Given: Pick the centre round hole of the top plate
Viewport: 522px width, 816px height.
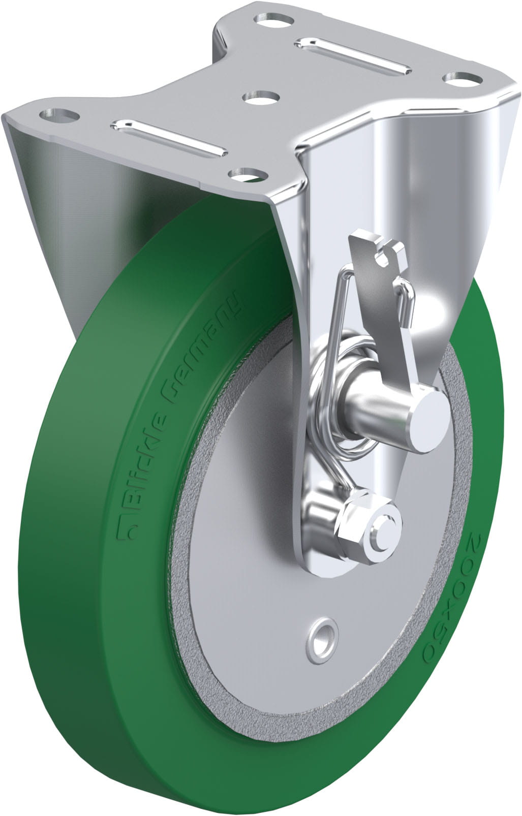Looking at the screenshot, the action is tap(261, 98).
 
